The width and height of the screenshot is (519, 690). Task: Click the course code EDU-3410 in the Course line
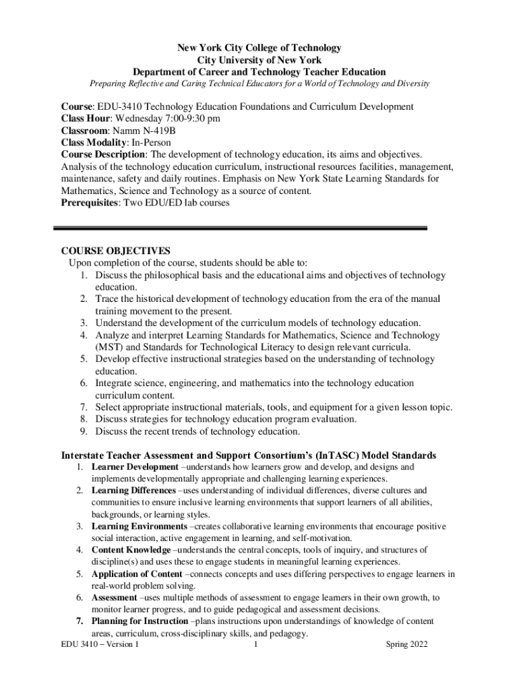[119, 107]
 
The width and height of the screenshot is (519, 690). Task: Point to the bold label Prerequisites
[89, 203]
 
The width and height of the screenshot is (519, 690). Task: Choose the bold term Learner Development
[135, 466]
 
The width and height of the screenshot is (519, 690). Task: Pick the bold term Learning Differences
[133, 491]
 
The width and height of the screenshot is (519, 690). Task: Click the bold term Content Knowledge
[131, 550]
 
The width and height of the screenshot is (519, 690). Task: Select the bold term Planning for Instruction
[140, 621]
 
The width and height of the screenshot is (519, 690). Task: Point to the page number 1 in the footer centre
[256, 645]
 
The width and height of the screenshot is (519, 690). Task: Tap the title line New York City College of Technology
[259, 48]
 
